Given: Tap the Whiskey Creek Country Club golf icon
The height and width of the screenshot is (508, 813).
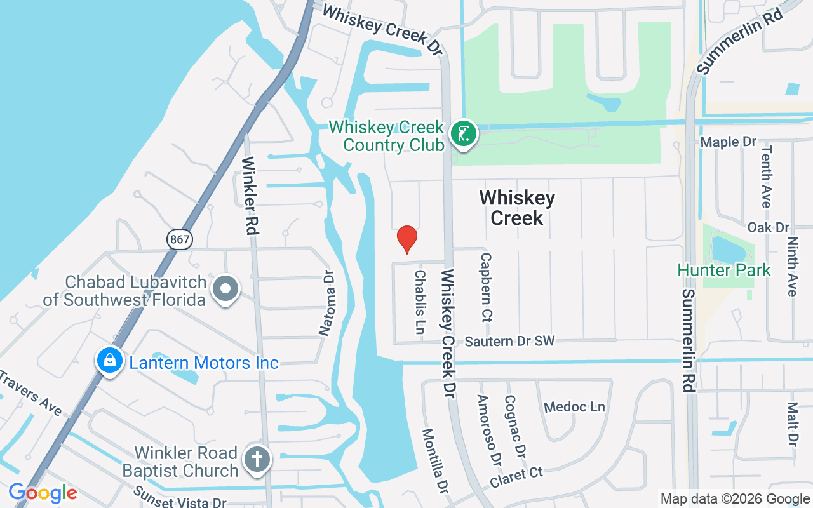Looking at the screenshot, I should (464, 134).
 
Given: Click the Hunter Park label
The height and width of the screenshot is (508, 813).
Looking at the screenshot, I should (724, 270).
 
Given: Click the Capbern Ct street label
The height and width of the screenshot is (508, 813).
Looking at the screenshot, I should (487, 288).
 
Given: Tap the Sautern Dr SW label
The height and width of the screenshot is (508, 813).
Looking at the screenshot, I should (510, 341).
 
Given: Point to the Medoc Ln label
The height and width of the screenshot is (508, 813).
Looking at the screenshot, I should (575, 406).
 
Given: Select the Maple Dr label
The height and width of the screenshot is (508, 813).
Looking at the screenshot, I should (729, 142).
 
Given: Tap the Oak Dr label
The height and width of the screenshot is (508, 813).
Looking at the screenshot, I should (768, 227).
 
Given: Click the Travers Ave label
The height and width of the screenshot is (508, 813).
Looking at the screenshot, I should (30, 394).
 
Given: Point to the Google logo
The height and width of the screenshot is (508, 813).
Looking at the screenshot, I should (43, 493).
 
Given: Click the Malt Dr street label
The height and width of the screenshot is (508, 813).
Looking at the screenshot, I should (792, 424).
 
